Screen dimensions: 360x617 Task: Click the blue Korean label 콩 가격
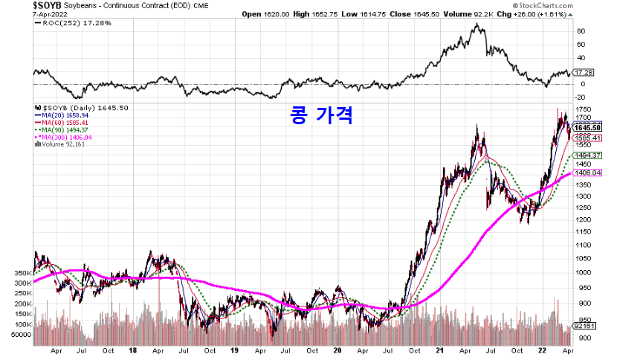pyautogui.click(x=320, y=115)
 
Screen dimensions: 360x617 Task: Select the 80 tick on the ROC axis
pyautogui.click(x=581, y=31)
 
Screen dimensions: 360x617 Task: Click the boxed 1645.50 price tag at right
pyautogui.click(x=592, y=128)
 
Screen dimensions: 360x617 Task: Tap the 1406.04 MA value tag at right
pyautogui.click(x=592, y=172)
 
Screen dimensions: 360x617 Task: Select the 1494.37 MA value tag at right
pyautogui.click(x=592, y=155)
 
